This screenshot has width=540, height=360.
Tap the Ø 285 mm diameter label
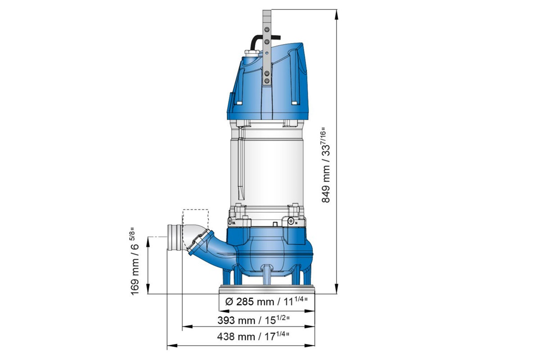(265, 302)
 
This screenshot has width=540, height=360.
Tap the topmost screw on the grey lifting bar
(267, 30)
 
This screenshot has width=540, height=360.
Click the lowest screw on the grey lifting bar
(267, 81)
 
